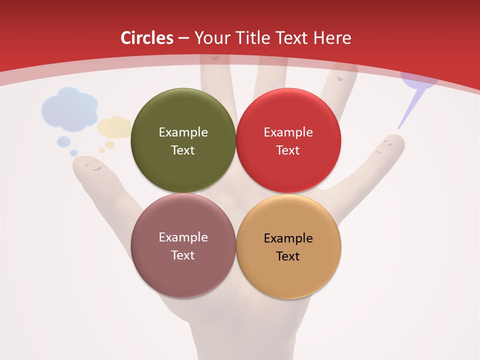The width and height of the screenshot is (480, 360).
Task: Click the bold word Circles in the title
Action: (146, 38)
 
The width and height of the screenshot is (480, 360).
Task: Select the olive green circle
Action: (183, 140)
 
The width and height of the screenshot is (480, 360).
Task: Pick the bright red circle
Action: (288, 140)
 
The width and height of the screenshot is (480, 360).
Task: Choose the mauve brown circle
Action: (183, 245)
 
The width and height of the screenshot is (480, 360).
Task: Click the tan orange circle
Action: (288, 246)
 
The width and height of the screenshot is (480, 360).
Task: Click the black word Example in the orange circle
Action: (288, 238)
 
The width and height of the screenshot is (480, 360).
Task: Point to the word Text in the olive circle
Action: (183, 150)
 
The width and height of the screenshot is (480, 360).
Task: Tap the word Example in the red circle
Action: (288, 132)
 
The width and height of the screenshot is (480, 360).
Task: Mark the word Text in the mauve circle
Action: (183, 255)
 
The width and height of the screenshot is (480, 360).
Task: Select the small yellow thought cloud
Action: (115, 127)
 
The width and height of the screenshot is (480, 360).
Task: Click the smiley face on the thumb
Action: (91, 165)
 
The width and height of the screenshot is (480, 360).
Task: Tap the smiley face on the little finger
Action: (387, 146)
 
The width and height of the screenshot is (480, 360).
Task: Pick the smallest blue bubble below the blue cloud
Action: (73, 152)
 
